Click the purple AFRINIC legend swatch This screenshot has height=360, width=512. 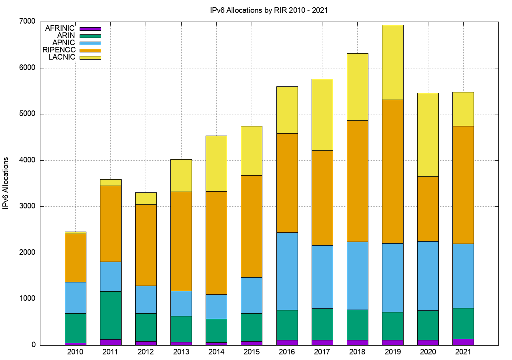[90, 29]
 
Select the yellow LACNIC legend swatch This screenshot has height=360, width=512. [90, 58]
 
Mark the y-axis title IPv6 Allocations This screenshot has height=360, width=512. [6, 183]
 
